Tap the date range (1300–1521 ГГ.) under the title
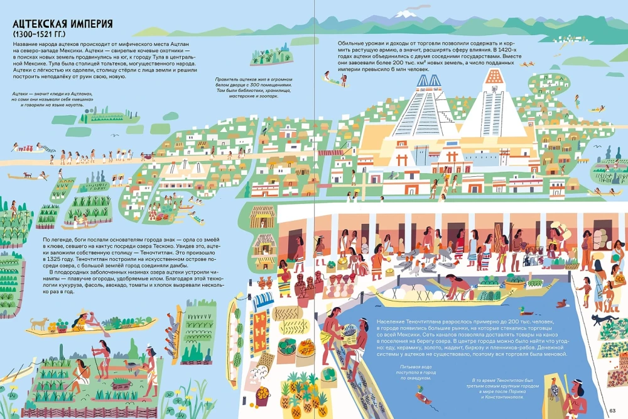[x=41, y=34]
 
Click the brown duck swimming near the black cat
[x=528, y=311]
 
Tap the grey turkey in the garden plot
[x=131, y=364]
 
